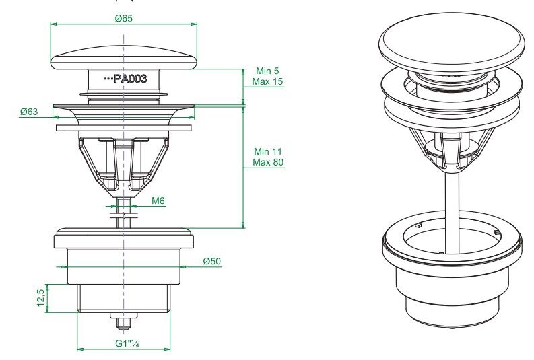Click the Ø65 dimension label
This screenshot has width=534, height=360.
(124, 18)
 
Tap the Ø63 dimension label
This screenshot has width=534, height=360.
(29, 112)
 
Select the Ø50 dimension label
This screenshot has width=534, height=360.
(212, 261)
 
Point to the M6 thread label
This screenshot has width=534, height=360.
(158, 201)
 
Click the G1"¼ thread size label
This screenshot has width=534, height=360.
(127, 343)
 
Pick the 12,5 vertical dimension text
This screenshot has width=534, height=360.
(40, 297)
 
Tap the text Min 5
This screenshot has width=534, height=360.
(267, 71)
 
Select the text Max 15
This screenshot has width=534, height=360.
(268, 81)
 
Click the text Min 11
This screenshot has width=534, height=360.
(268, 151)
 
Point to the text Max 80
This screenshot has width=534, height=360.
(268, 162)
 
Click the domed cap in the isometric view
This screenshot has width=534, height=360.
(452, 42)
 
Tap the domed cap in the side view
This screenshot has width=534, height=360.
(124, 58)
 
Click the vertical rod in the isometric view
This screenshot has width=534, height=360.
(452, 211)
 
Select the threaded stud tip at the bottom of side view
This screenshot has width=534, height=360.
(124, 323)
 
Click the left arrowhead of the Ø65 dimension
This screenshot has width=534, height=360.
(53, 24)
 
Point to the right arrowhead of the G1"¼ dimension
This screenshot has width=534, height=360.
(167, 349)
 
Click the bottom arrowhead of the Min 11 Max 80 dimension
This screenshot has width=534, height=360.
(243, 225)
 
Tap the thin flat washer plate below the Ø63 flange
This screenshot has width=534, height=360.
(124, 128)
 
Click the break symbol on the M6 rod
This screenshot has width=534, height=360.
(124, 215)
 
